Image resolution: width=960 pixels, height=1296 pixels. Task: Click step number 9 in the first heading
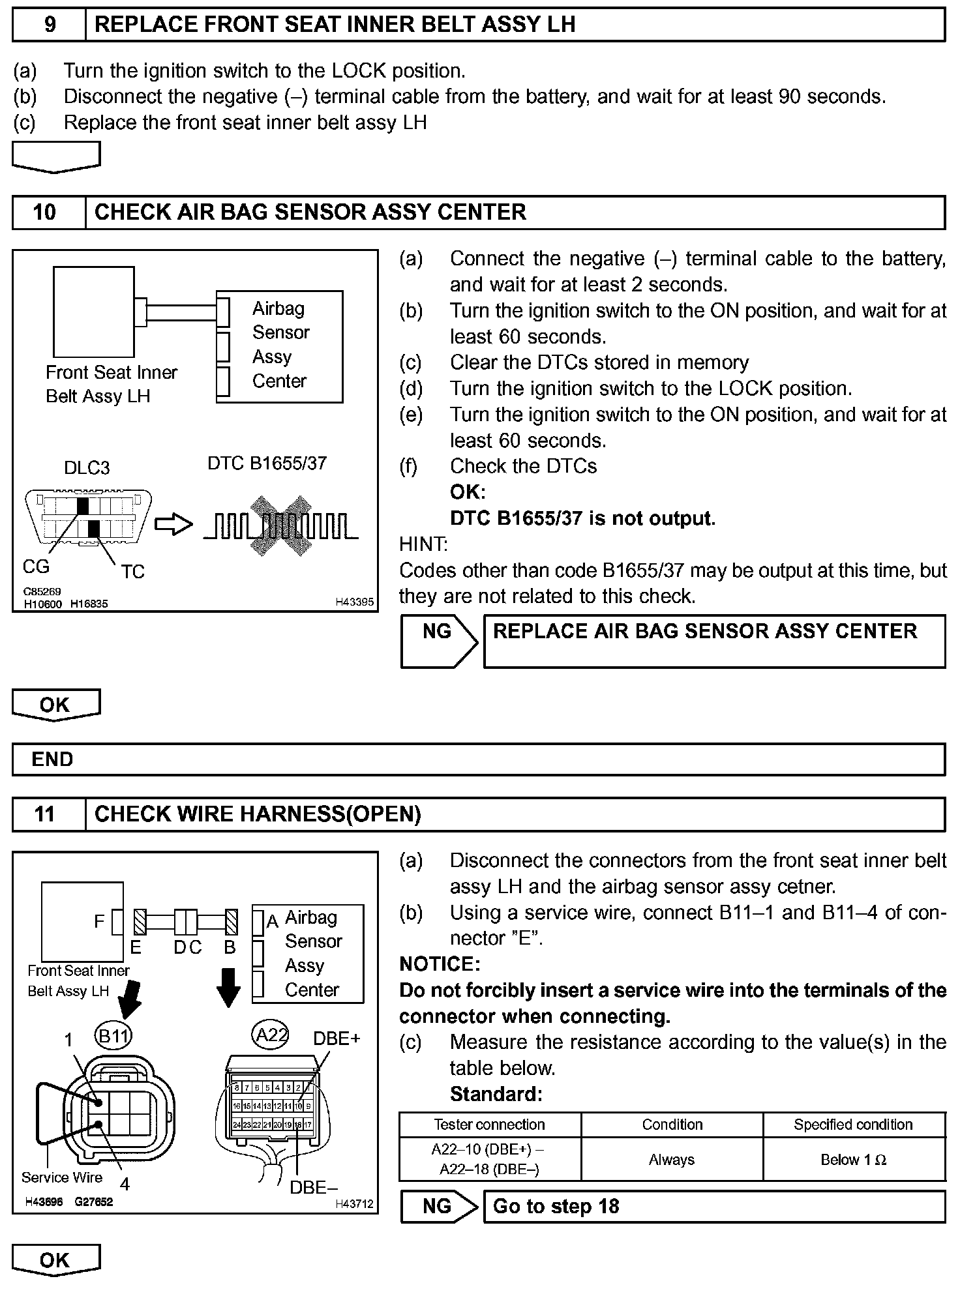50,25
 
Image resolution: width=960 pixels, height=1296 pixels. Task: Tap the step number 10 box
45,213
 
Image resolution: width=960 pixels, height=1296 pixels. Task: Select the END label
52,759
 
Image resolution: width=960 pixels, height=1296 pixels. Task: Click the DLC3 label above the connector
87,467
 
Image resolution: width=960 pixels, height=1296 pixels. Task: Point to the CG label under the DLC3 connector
36,567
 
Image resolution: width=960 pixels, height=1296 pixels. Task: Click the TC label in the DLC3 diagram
132,572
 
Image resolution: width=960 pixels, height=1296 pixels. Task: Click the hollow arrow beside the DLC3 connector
173,524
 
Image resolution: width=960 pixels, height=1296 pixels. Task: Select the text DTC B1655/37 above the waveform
267,464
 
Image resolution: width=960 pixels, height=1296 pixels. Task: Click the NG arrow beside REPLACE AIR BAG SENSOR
438,641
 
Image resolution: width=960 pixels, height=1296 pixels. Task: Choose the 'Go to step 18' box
714,1206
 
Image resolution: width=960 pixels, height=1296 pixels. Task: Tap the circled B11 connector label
113,1036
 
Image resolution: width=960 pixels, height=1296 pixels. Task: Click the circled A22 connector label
270,1035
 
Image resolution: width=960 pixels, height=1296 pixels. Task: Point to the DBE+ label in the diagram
337,1038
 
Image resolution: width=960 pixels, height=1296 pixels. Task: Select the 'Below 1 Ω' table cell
853,1159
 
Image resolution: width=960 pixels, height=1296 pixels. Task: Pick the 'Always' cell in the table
672,1159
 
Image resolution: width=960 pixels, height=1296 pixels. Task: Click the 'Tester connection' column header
489,1124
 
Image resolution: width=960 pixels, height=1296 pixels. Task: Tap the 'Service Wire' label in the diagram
62,1177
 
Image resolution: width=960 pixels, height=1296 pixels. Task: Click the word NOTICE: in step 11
440,964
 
